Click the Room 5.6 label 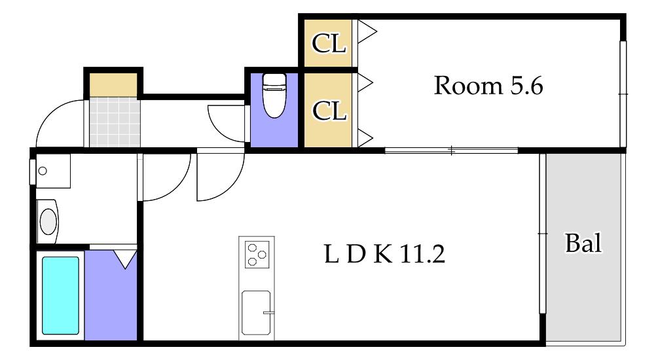(x=488, y=85)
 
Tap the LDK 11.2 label (x=384, y=253)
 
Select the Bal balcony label (x=583, y=243)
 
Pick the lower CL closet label (x=329, y=111)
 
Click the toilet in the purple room (x=274, y=96)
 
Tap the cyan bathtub (x=60, y=295)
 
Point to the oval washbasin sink (x=48, y=221)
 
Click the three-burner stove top (x=257, y=254)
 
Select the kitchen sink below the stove (x=256, y=313)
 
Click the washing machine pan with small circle (x=53, y=171)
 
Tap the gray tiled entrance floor (x=114, y=122)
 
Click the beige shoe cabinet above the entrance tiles (x=113, y=85)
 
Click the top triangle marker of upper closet (x=367, y=32)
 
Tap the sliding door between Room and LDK (x=451, y=150)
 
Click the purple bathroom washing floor (x=111, y=295)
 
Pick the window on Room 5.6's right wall (x=623, y=94)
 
